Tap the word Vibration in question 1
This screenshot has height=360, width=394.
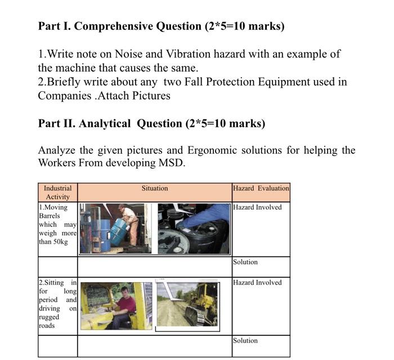(188, 54)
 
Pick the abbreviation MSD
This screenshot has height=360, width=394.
(172, 163)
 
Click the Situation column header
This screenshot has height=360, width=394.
(154, 188)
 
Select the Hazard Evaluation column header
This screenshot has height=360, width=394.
(261, 188)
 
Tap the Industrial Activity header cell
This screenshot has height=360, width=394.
(57, 192)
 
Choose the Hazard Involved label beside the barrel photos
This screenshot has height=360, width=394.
(257, 207)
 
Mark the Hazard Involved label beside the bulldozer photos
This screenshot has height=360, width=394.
(257, 282)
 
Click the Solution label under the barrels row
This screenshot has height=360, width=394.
(245, 262)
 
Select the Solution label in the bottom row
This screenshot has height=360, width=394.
(245, 340)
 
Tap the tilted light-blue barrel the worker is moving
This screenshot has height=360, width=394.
(119, 230)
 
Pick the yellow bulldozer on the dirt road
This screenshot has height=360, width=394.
(201, 305)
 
